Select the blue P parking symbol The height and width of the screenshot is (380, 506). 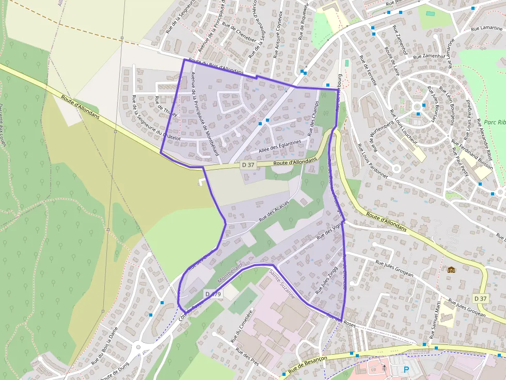click(406, 370)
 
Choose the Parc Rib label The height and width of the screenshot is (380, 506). click(494, 123)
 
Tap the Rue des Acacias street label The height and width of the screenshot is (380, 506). click(274, 211)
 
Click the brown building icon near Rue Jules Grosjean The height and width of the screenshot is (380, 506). click(451, 270)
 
